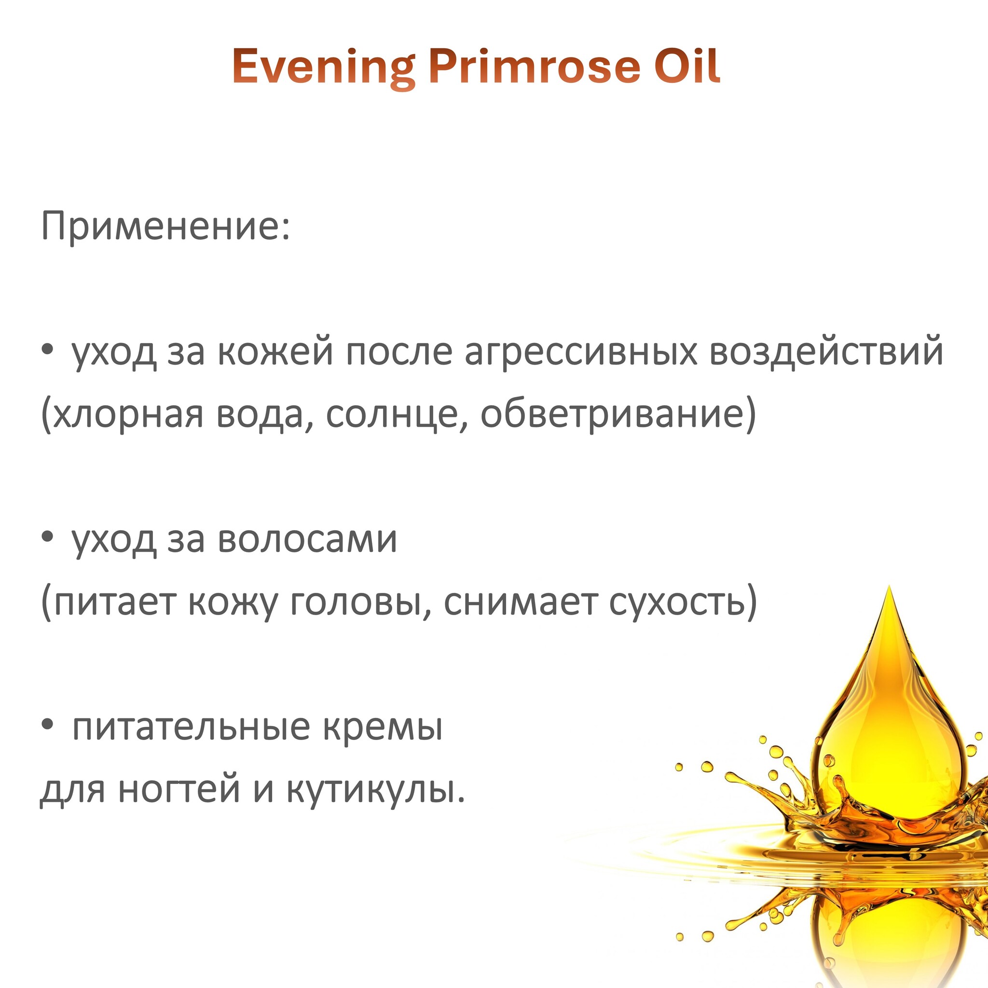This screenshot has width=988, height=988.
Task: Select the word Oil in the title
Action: pos(688,66)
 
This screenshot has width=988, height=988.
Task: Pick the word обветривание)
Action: pos(618,415)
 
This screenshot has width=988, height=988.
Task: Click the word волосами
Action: pos(307,540)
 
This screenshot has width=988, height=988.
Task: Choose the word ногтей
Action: pos(179,790)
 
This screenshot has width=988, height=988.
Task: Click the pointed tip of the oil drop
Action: pos(890,586)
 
